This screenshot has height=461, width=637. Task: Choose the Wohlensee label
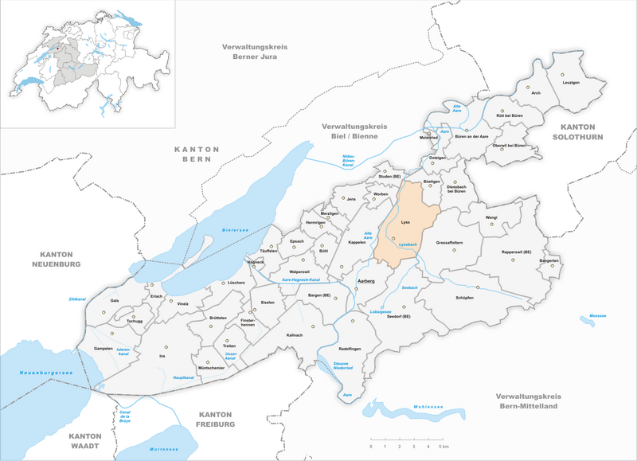(x=428, y=406)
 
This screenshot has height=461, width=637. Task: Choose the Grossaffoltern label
(x=454, y=242)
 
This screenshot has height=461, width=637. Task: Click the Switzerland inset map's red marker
(x=58, y=46)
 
